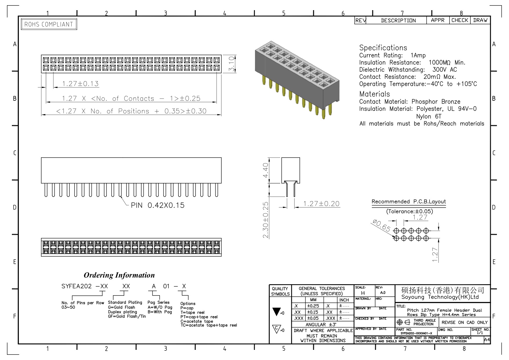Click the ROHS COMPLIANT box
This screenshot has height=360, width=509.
click(x=49, y=24)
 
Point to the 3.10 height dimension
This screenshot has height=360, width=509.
click(x=231, y=64)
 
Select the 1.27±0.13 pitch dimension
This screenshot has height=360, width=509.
click(x=80, y=84)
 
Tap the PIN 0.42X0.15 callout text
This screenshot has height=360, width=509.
click(x=158, y=205)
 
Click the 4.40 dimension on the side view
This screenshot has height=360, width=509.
click(x=266, y=170)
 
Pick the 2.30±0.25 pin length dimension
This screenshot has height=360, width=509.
click(x=266, y=220)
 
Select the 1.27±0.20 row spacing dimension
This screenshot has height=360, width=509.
click(x=321, y=204)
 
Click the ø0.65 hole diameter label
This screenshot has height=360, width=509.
click(x=381, y=226)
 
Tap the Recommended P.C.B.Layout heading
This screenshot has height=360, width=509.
click(x=409, y=201)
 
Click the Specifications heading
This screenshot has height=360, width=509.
click(x=383, y=48)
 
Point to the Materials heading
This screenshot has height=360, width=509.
click(x=374, y=94)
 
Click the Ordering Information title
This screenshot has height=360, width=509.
click(x=119, y=275)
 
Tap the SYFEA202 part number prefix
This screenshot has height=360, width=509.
click(x=77, y=286)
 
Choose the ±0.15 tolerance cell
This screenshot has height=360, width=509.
click(x=313, y=312)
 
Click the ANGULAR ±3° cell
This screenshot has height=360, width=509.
click(x=321, y=325)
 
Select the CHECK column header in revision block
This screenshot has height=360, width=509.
click(x=460, y=20)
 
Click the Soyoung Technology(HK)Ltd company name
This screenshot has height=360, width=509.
click(x=440, y=297)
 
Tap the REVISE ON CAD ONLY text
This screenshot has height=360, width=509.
click(x=465, y=322)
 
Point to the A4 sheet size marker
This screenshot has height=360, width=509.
click(x=487, y=340)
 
